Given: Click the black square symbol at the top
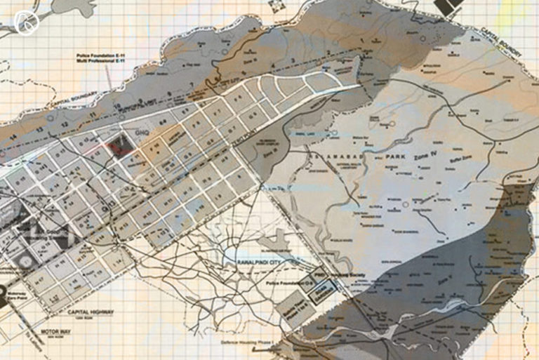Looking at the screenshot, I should pyautogui.click(x=447, y=7).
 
